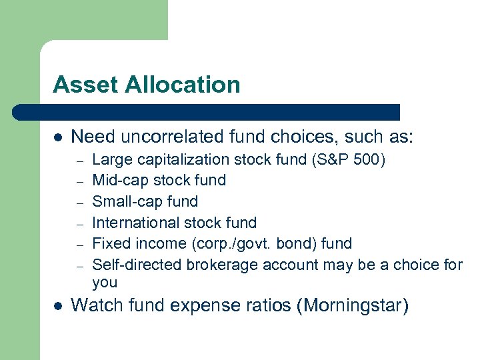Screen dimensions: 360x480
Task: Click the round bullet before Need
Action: click(x=58, y=138)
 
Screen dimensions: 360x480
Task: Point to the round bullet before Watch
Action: click(x=58, y=306)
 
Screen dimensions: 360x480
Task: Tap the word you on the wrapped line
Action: click(x=105, y=283)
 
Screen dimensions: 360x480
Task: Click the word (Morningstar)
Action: click(x=355, y=306)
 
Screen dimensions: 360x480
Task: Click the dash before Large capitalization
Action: click(x=79, y=160)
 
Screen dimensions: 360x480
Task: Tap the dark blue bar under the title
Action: click(x=207, y=112)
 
